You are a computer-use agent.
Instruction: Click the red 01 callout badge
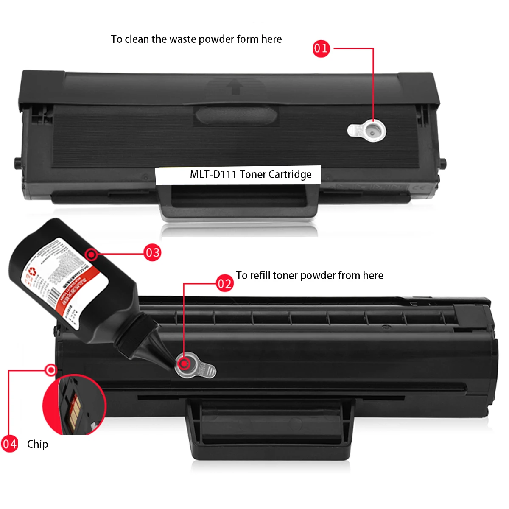click(x=321, y=48)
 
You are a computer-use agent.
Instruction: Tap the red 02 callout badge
click(x=224, y=283)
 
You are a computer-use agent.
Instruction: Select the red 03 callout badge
click(x=152, y=253)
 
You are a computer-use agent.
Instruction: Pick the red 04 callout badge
click(x=9, y=444)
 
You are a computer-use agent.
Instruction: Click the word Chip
click(x=37, y=444)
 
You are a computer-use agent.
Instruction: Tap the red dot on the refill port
click(x=184, y=364)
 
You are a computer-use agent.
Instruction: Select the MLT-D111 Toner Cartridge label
click(x=250, y=174)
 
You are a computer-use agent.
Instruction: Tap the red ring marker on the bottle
click(x=91, y=255)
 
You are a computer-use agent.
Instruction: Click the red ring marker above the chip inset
click(x=51, y=370)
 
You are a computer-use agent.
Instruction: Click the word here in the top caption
click(x=271, y=39)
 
